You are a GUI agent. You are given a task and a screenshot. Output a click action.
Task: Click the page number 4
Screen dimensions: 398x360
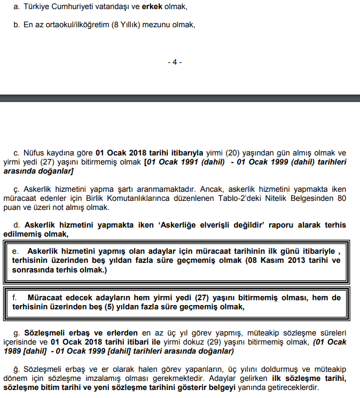tap(175, 62)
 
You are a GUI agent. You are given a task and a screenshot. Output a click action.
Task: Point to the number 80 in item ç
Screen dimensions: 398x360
tap(340, 198)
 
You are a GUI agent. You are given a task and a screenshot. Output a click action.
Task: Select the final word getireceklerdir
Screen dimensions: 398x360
tap(288, 387)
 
